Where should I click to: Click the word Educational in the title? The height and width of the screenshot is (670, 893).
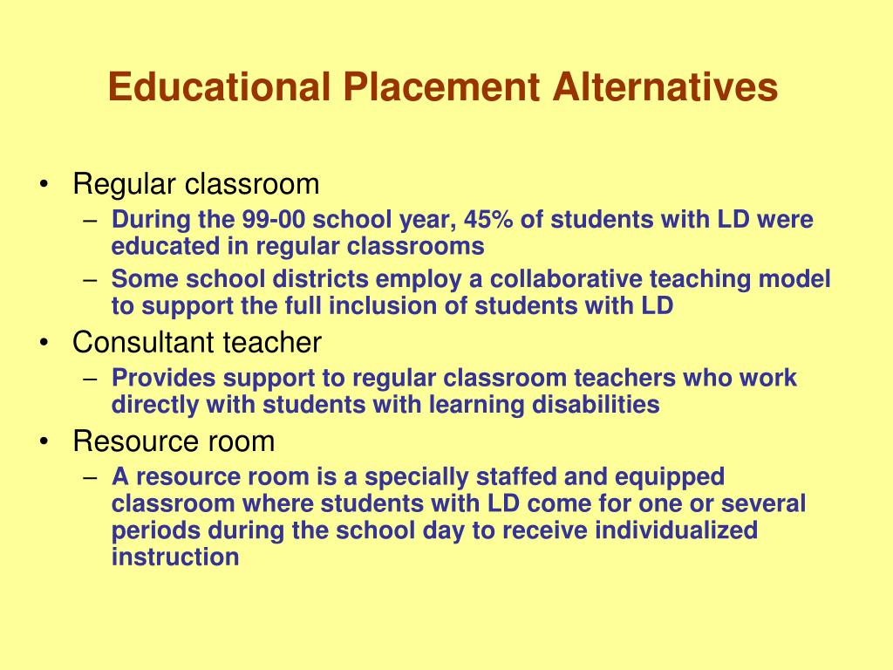pyautogui.click(x=219, y=86)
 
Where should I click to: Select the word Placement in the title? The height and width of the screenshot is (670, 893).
pyautogui.click(x=441, y=86)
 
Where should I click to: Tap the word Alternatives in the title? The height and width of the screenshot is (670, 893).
pyautogui.click(x=665, y=86)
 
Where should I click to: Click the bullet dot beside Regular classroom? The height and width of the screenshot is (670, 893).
pyautogui.click(x=44, y=184)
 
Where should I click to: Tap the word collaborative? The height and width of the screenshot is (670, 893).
pyautogui.click(x=566, y=278)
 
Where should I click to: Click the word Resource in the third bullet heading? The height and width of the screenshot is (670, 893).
pyautogui.click(x=135, y=441)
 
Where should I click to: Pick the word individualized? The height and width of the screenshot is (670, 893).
pyautogui.click(x=677, y=530)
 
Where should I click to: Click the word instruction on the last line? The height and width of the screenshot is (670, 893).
pyautogui.click(x=175, y=557)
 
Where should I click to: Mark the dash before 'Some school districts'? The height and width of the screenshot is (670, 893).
pyautogui.click(x=91, y=280)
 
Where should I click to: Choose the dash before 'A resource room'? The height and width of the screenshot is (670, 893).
pyautogui.click(x=91, y=477)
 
